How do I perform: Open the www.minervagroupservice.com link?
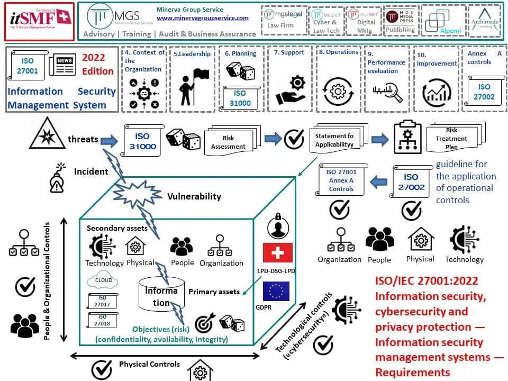coord(203,18)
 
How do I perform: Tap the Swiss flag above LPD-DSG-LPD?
coord(277,252)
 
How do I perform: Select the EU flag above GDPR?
coord(276,291)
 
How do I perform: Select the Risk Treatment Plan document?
coord(451,138)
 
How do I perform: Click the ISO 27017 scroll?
coord(103,302)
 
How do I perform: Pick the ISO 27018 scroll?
coord(103,320)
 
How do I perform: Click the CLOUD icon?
coord(104,281)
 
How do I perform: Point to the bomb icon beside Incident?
coord(57,177)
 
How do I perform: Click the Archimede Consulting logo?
coord(484,21)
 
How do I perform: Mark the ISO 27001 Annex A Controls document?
coord(341,180)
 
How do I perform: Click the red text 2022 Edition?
coord(97,64)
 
